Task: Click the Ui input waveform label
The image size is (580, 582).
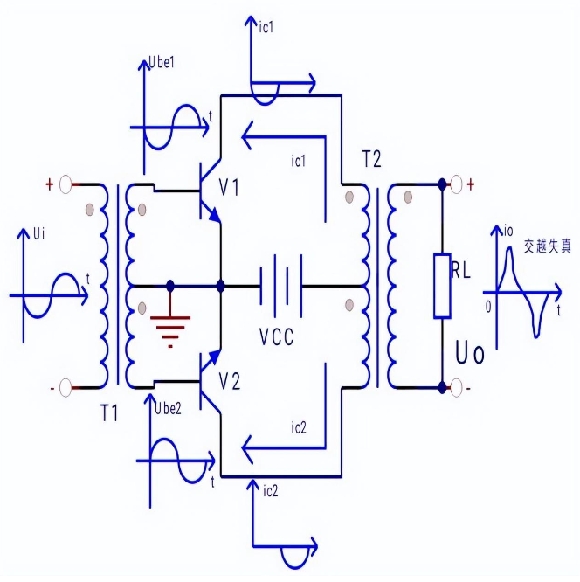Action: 38,234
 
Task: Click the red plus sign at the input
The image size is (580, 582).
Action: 50,184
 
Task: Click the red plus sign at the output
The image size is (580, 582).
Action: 472,184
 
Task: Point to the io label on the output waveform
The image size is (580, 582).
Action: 509,231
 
